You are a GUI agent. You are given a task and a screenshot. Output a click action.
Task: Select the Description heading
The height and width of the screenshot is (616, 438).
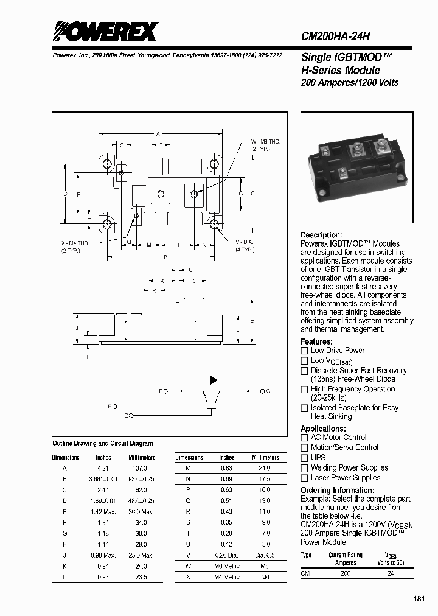pyautogui.click(x=321, y=235)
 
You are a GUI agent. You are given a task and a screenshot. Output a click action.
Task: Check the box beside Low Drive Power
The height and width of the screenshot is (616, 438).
pyautogui.click(x=305, y=351)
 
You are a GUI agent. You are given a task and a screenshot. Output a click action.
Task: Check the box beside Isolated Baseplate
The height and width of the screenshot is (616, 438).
pyautogui.click(x=305, y=408)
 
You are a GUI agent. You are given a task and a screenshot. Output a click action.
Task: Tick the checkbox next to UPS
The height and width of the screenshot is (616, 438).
pyautogui.click(x=305, y=458)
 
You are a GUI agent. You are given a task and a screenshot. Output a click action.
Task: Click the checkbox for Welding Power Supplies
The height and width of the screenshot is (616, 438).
pyautogui.click(x=305, y=468)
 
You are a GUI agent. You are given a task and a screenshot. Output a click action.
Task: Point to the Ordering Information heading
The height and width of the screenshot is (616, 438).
pyautogui.click(x=333, y=491)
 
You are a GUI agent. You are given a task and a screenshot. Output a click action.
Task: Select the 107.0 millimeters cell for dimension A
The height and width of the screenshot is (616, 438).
pyautogui.click(x=140, y=468)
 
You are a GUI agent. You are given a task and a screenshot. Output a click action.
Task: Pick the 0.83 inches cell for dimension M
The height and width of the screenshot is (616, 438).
pyautogui.click(x=226, y=468)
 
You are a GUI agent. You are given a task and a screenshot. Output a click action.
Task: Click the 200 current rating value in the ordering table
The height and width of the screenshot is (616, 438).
pyautogui.click(x=346, y=573)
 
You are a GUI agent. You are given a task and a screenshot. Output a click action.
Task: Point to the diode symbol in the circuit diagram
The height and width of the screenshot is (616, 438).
pyautogui.click(x=214, y=380)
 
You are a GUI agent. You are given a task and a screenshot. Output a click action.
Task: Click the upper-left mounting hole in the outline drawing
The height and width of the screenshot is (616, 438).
pyautogui.click(x=108, y=164)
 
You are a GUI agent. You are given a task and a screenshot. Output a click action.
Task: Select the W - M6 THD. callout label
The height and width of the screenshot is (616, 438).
pyautogui.click(x=265, y=142)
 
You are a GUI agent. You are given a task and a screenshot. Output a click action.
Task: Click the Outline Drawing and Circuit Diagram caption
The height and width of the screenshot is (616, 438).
pyautogui.click(x=103, y=443)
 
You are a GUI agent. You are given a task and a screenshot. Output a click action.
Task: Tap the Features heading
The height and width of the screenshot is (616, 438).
pyautogui.click(x=316, y=341)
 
